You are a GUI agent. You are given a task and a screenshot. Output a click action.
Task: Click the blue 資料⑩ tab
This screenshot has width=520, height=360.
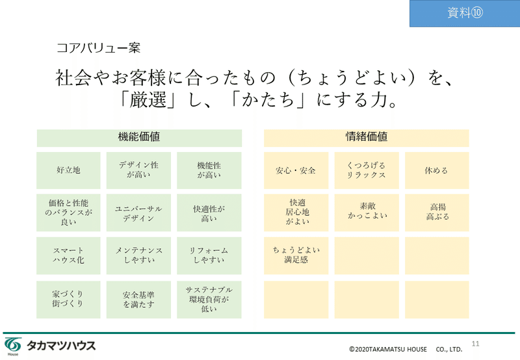point(465,13)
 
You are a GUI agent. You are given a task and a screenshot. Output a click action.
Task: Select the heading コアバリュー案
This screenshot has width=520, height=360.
point(99,48)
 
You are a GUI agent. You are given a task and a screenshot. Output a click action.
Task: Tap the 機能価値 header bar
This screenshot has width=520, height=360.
point(139,138)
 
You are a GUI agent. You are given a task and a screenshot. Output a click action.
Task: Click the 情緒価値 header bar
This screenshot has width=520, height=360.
point(367,138)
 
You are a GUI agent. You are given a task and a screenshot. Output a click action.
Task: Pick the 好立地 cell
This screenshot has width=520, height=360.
point(68,170)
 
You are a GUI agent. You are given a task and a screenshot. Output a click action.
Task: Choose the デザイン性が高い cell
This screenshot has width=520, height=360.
point(138,170)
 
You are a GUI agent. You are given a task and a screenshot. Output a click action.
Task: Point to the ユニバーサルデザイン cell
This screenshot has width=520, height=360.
point(138,212)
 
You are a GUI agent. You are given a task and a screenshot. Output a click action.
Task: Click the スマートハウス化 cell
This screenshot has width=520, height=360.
point(68,255)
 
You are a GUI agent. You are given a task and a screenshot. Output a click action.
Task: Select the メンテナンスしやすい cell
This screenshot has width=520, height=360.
point(138,255)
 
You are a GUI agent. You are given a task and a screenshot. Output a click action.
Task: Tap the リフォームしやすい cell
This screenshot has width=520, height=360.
point(209,255)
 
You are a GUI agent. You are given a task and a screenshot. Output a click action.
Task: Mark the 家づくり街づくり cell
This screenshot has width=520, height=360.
point(68,300)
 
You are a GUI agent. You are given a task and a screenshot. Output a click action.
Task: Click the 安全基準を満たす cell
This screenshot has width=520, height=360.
point(138,300)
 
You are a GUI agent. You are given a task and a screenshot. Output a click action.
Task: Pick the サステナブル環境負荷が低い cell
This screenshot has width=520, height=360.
point(209,300)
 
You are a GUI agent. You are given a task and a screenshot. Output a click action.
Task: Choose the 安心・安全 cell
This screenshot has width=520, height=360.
point(296,170)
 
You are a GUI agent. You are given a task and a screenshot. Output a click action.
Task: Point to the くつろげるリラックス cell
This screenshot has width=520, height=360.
point(367,170)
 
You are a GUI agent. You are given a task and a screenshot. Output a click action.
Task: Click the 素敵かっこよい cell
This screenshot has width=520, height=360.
point(367,212)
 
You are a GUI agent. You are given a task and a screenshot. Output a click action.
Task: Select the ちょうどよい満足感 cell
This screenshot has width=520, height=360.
point(296,255)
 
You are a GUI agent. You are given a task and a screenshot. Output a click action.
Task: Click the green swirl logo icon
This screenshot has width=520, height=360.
point(13,346)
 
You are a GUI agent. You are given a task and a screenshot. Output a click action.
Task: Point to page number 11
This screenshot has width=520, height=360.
point(476,344)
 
